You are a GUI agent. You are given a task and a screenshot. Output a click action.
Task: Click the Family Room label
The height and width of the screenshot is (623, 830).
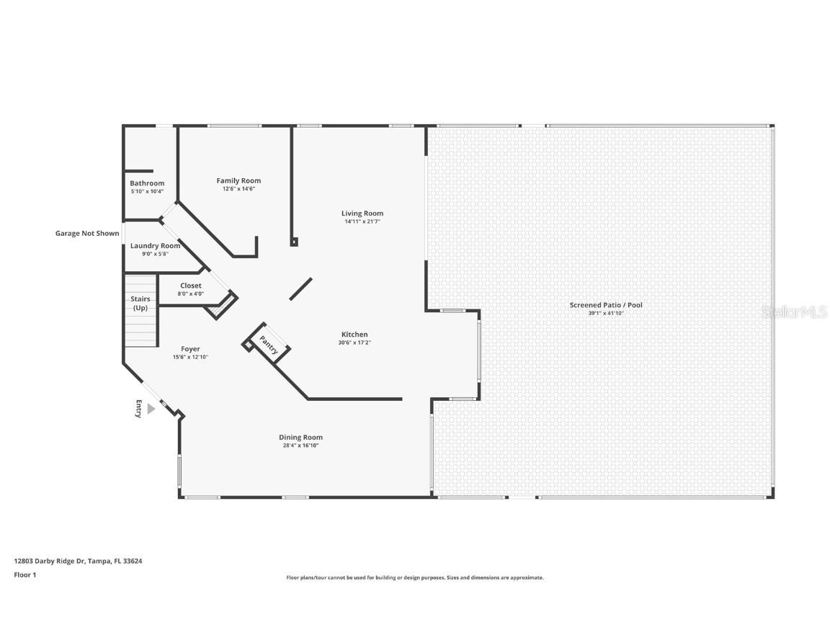(238, 180)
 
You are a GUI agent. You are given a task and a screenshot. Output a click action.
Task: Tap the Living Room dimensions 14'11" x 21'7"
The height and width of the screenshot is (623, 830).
(362, 221)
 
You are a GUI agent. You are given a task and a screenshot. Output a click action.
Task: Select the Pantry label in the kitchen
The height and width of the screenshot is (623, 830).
(269, 345)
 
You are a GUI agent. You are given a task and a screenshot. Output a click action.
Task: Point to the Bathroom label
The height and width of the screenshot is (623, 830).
(147, 183)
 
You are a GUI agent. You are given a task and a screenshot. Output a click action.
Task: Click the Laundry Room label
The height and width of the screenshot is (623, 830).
(155, 246)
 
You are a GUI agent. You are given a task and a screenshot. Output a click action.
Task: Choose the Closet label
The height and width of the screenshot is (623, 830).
(191, 286)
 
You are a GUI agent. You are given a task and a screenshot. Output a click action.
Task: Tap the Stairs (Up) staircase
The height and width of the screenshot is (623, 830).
(140, 310)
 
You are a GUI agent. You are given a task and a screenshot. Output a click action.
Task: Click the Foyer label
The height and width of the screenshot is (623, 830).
(191, 349)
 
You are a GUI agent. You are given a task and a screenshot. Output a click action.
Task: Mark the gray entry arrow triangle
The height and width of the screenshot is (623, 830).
(151, 409)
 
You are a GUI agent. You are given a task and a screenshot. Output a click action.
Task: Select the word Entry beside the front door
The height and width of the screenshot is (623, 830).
(138, 409)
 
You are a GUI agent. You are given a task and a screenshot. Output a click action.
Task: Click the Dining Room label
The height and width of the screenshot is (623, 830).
(300, 437)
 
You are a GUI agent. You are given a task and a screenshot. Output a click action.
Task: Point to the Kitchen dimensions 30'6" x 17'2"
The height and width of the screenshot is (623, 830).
(354, 343)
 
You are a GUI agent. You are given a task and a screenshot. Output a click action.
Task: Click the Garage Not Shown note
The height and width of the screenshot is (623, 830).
(87, 233)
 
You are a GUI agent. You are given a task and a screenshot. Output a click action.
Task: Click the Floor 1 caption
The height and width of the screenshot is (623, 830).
(24, 575)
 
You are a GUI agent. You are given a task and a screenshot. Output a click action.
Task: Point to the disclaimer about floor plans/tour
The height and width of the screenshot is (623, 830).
(415, 578)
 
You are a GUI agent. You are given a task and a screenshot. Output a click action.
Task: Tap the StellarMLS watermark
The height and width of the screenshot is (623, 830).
(796, 311)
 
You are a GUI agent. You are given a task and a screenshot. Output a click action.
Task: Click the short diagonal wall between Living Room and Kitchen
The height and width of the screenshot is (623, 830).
(300, 288)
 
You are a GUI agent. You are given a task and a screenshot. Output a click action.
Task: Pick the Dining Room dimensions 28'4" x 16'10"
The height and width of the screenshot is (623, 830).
(300, 446)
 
